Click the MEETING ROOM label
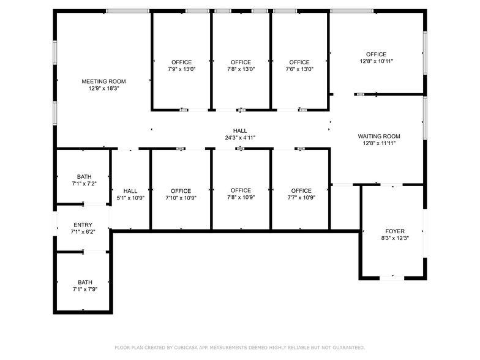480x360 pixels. (104, 81)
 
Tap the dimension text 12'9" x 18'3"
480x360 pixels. (104, 89)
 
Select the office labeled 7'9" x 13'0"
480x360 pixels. (181, 66)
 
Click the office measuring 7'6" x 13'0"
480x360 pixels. (299, 66)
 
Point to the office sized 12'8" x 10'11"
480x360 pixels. (376, 58)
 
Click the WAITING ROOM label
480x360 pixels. (379, 136)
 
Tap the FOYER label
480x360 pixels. (394, 231)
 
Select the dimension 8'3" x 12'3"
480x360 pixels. (394, 238)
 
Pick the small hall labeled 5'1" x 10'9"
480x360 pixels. (130, 194)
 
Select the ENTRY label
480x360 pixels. (83, 225)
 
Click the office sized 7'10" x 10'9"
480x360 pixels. (181, 194)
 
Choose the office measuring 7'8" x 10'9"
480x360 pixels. (241, 194)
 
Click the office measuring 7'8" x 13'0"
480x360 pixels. (241, 66)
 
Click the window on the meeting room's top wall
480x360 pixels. (127, 11)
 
